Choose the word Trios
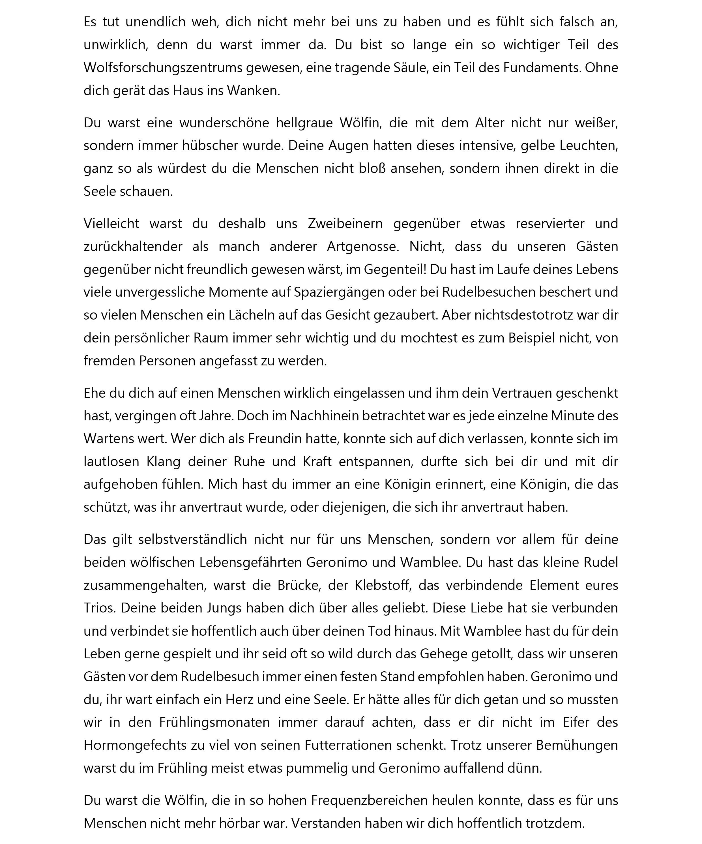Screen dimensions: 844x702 [x=100, y=608]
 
